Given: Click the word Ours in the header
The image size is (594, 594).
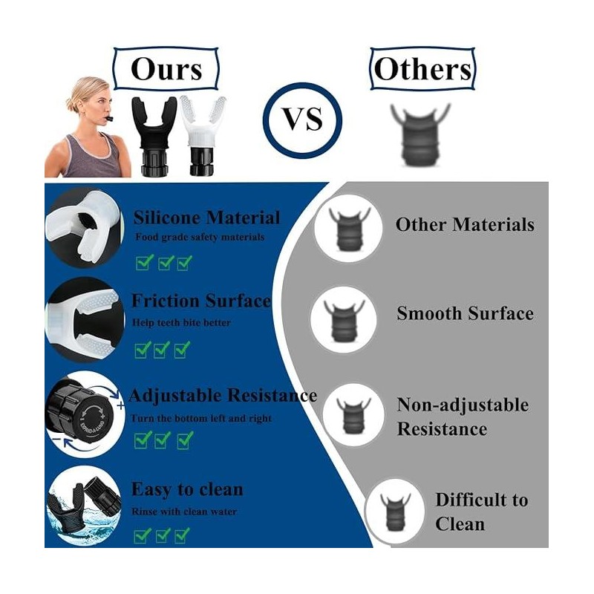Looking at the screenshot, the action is (x=166, y=69).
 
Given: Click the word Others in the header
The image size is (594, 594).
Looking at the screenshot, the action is (x=422, y=69).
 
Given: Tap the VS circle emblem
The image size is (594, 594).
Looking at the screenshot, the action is (x=303, y=119).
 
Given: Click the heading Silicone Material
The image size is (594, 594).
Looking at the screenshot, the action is (x=206, y=218).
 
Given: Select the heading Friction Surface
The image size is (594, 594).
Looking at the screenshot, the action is (x=200, y=301).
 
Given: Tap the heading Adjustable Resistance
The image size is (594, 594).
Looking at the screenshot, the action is (x=223, y=394).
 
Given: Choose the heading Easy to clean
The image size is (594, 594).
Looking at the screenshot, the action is (x=187, y=489).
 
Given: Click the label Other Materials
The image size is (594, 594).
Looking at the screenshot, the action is (x=465, y=224).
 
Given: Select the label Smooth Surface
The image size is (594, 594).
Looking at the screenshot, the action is (x=465, y=313).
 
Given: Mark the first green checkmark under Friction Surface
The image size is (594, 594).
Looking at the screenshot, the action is (x=143, y=349).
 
